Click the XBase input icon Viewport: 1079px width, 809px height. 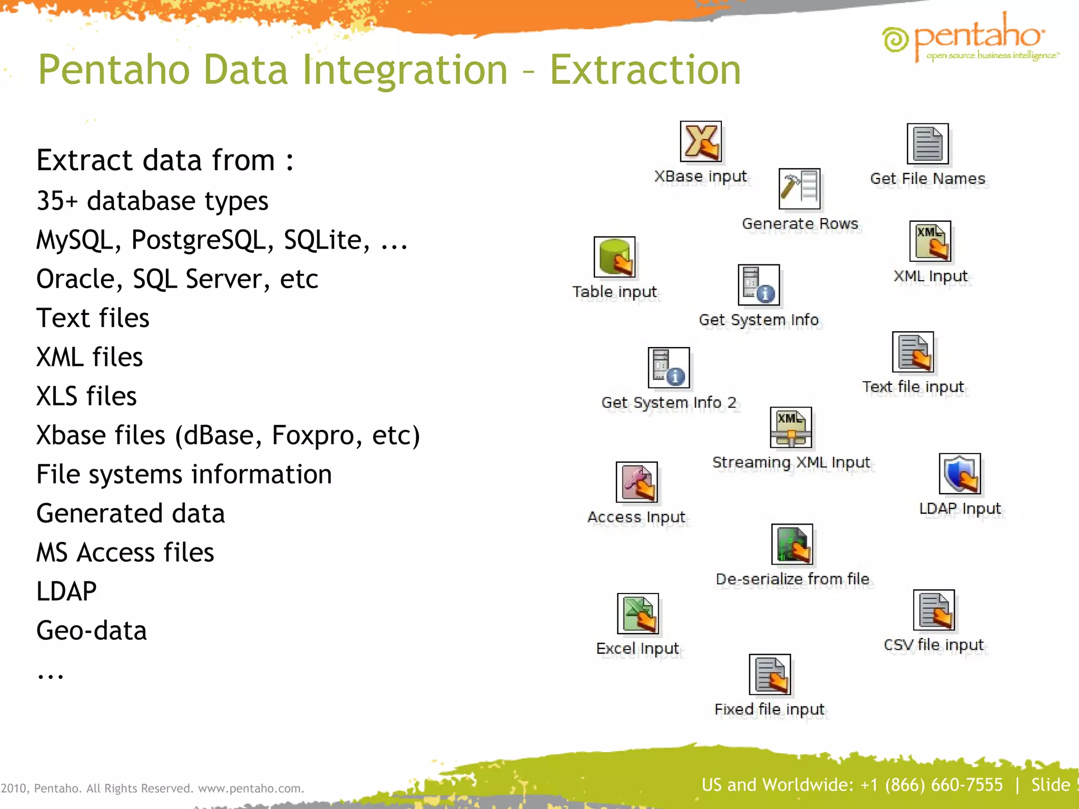pos(701,142)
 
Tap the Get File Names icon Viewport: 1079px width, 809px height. pos(927,144)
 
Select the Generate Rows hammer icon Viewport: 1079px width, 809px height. pos(799,189)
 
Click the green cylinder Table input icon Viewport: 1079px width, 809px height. pos(614,257)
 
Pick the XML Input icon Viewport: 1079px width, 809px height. pos(930,241)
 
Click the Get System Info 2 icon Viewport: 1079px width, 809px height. pos(669,368)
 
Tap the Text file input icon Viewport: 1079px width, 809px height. pos(913,352)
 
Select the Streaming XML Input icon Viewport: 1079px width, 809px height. pos(790,428)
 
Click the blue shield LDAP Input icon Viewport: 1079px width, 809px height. pos(959,474)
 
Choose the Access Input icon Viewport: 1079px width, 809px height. pos(636,482)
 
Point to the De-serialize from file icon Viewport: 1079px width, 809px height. pos(792,545)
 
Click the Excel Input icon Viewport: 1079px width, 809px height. pos(637,614)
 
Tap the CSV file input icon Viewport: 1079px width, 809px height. pos(934,610)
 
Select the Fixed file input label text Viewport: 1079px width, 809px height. pos(769,709)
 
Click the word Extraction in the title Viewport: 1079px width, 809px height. pos(645,70)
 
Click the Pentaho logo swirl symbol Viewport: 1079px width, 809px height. pos(895,40)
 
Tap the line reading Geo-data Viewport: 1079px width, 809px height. pos(92,631)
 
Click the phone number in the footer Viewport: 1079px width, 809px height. pos(931,785)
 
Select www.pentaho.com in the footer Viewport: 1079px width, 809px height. pos(250,788)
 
